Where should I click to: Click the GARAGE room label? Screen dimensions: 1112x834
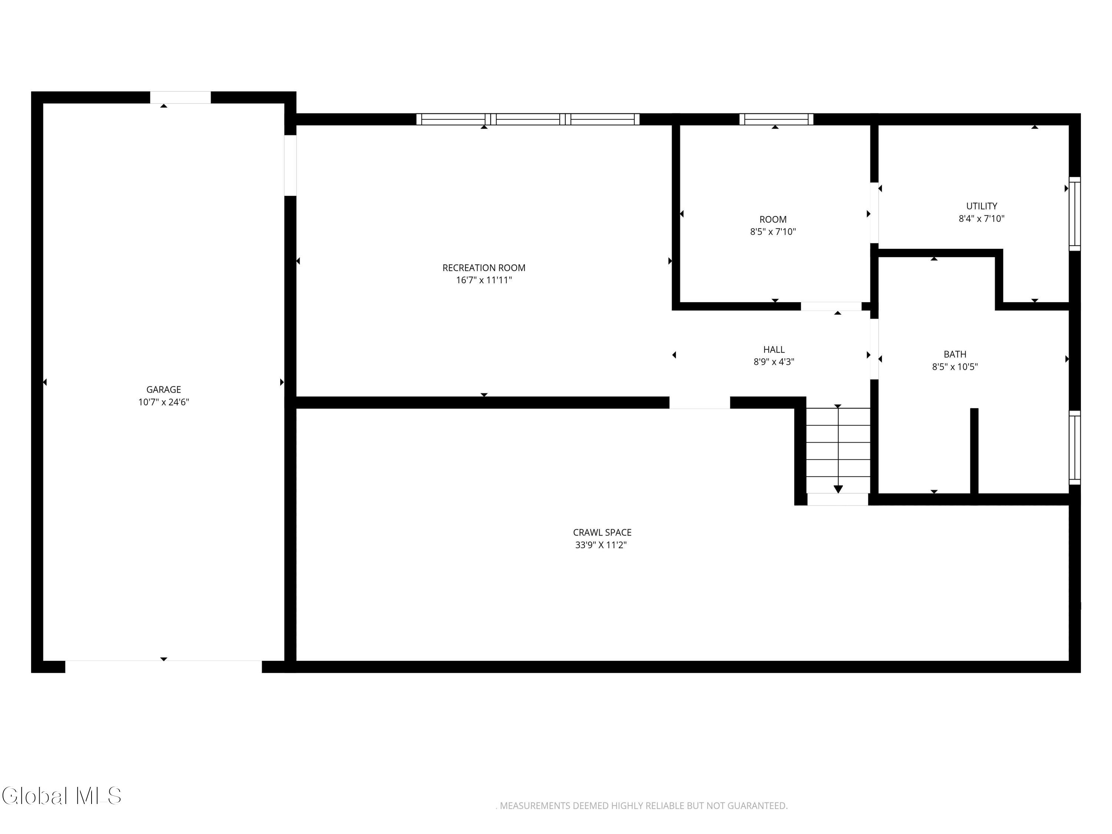[163, 390]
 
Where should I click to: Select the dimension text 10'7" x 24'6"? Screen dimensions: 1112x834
[163, 402]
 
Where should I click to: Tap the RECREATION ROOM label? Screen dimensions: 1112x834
[484, 268]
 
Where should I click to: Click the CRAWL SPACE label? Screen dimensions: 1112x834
[602, 532]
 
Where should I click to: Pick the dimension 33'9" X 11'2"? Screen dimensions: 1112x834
[601, 545]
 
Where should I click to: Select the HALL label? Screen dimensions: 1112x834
[774, 350]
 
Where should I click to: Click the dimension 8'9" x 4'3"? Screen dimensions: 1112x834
[774, 362]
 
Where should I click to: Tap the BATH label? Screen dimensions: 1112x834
[954, 354]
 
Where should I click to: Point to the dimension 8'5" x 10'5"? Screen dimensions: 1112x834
[954, 367]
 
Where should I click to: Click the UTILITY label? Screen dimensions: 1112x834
[981, 206]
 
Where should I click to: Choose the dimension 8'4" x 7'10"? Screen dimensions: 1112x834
[981, 219]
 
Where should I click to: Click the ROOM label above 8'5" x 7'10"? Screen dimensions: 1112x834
[773, 220]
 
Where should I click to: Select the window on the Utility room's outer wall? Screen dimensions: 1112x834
[1074, 214]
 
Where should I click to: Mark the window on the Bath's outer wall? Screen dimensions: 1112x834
[1074, 448]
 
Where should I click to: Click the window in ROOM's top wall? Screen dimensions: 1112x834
[776, 119]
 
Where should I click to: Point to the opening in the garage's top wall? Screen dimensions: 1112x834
[181, 97]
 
